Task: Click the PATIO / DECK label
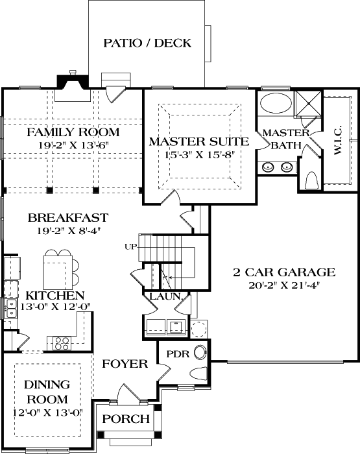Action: pyautogui.click(x=147, y=43)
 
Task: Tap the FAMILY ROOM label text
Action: pyautogui.click(x=73, y=132)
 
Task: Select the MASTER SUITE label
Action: pyautogui.click(x=198, y=141)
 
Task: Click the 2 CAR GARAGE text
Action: pyautogui.click(x=284, y=272)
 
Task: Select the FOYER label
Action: pyautogui.click(x=125, y=364)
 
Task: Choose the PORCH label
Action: pyautogui.click(x=126, y=419)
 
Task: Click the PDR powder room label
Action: pyautogui.click(x=177, y=355)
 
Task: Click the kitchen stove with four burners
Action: pyautogui.click(x=62, y=342)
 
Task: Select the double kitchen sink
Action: pyautogui.click(x=10, y=309)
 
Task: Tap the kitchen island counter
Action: pyautogui.click(x=56, y=270)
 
